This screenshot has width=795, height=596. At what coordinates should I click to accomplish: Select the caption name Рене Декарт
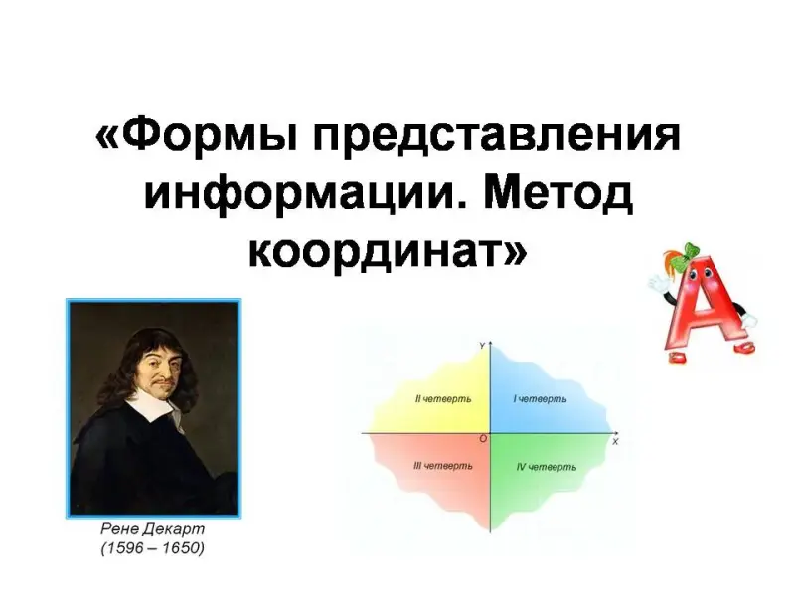pos(153,529)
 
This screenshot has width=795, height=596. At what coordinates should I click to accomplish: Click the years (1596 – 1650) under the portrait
pos(153,548)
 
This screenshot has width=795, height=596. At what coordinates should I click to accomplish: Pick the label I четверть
pos(540,399)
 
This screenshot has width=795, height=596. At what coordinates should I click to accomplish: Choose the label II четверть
pos(443,399)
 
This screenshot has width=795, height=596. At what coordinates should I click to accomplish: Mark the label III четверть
pos(443,466)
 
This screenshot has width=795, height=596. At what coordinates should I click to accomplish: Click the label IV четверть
pos(546,467)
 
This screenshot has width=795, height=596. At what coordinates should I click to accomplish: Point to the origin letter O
pos(483,439)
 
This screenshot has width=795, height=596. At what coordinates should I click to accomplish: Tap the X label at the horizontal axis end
pos(615,442)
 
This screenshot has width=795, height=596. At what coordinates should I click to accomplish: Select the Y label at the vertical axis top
pos(482,346)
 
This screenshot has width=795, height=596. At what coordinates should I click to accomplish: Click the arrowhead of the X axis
pos(615,433)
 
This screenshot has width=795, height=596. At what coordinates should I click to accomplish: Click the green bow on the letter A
pos(684,254)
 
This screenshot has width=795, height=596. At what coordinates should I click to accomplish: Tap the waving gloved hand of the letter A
pos(658,282)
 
